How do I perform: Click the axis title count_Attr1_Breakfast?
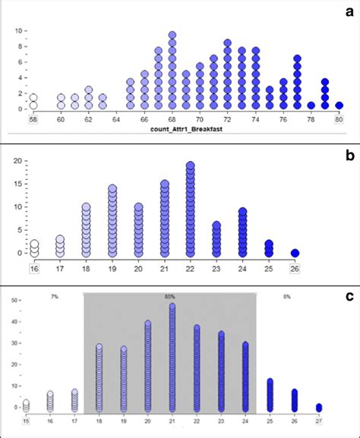pyautogui.click(x=184, y=131)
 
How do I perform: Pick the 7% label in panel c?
pyautogui.click(x=55, y=297)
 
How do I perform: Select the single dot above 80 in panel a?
pyautogui.click(x=339, y=106)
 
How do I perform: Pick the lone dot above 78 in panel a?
pyautogui.click(x=311, y=106)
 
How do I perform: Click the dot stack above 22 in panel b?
pyautogui.click(x=191, y=209)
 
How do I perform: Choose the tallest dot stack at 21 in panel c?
pyautogui.click(x=172, y=357)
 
